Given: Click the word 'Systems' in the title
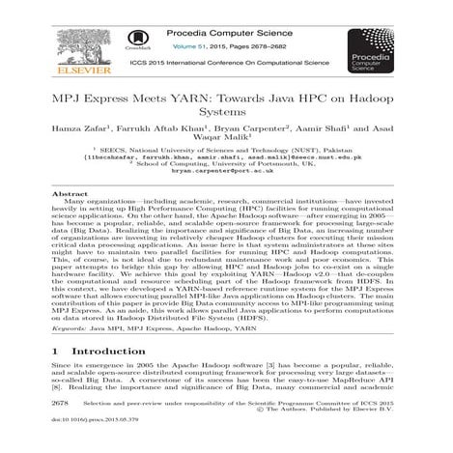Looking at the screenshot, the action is click(225, 112).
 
